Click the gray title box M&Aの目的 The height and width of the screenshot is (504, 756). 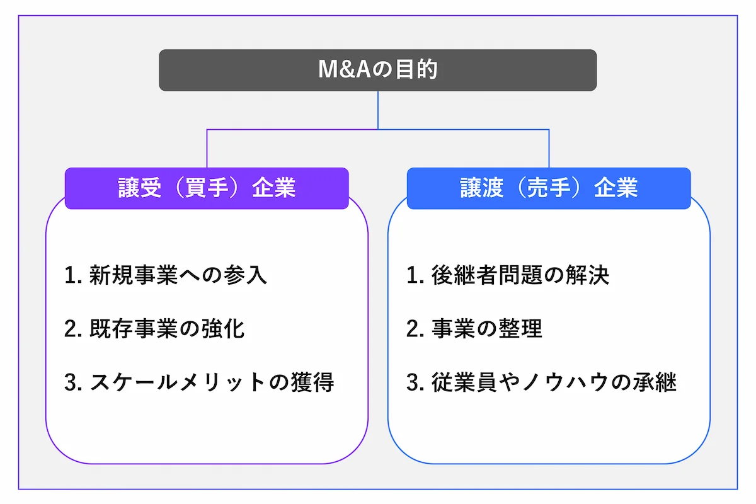pyautogui.click(x=377, y=70)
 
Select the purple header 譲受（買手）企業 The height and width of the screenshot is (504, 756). pyautogui.click(x=207, y=188)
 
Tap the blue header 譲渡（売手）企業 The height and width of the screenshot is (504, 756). pyautogui.click(x=548, y=188)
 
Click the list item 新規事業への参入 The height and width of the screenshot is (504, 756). pyautogui.click(x=178, y=275)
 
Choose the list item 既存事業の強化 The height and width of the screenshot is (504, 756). pyautogui.click(x=166, y=329)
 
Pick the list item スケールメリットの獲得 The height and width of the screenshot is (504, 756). pyautogui.click(x=212, y=382)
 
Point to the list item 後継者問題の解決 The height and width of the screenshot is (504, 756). pyautogui.click(x=520, y=275)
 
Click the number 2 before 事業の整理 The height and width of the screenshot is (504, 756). pyautogui.click(x=412, y=329)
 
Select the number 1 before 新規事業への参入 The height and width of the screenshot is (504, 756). pyautogui.click(x=70, y=276)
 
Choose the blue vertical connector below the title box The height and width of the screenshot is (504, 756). pyautogui.click(x=378, y=110)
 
